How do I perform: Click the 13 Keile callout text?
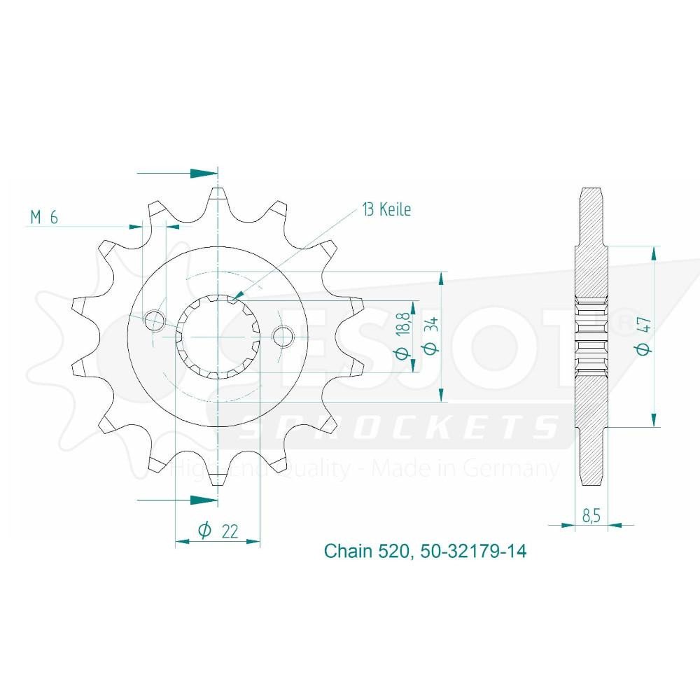tap(386, 209)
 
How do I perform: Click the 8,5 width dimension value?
tap(590, 516)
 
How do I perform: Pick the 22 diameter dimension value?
tap(217, 531)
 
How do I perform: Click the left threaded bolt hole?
tap(154, 321)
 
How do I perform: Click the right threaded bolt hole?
tap(283, 337)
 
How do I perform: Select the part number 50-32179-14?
tap(474, 552)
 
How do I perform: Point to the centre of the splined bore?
tap(218, 337)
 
